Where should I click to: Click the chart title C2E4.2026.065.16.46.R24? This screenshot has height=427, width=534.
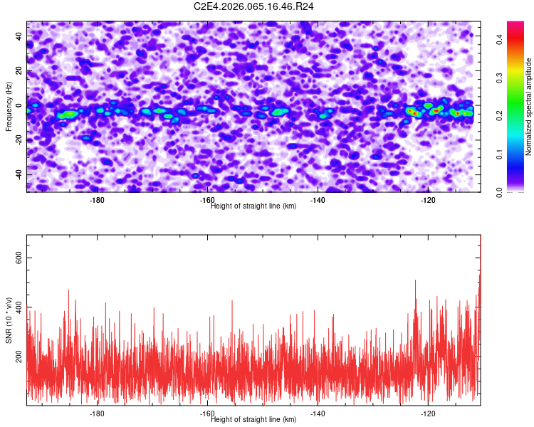(x=254, y=6)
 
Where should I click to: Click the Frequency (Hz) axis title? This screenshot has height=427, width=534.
(x=9, y=107)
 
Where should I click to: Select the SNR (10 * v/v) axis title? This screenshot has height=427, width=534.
(x=9, y=320)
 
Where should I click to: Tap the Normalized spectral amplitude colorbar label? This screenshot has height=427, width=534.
(x=529, y=107)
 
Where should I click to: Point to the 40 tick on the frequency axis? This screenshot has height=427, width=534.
(x=19, y=37)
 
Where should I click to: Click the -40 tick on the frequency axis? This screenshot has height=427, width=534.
(x=19, y=174)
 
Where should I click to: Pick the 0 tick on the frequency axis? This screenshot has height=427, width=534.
(x=19, y=106)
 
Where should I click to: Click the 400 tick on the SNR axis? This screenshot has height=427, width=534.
(x=19, y=307)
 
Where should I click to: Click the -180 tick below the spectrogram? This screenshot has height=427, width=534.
(x=98, y=200)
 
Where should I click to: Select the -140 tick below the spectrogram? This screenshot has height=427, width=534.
(x=318, y=200)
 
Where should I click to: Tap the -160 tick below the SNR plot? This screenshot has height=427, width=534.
(x=208, y=413)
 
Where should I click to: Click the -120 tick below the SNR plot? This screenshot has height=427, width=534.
(x=429, y=413)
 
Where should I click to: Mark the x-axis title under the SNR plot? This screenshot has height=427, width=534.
(x=254, y=419)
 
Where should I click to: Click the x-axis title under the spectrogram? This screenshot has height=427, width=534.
(x=254, y=206)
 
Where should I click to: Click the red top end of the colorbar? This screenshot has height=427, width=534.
(x=515, y=24)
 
